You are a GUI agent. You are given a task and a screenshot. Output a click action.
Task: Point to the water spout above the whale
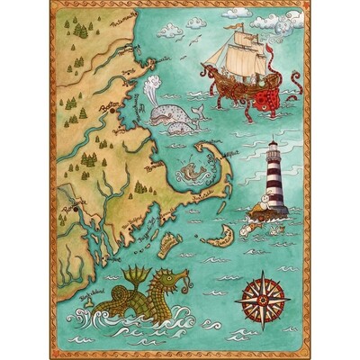click(x=149, y=89)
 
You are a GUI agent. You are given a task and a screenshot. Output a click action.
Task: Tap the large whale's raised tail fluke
click(x=197, y=107)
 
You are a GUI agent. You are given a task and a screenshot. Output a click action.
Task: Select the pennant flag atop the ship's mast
click(x=240, y=26)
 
